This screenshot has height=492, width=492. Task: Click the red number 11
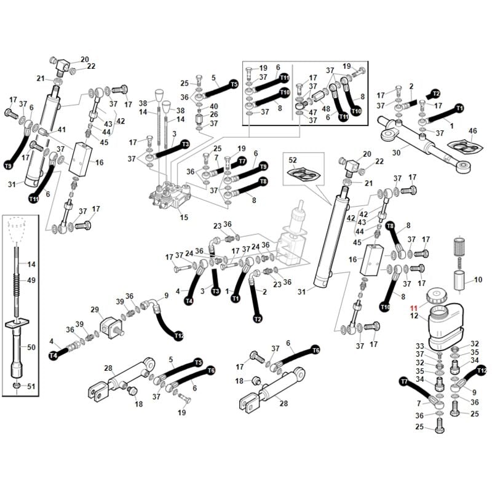point(414,308)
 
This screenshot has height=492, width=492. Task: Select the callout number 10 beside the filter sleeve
point(478,279)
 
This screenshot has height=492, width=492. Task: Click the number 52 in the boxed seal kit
point(293,160)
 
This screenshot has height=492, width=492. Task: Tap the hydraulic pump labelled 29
point(111,328)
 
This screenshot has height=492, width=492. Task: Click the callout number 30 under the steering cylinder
point(396,153)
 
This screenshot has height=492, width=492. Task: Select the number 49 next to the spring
point(31,280)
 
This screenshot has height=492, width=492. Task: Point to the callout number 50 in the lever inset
point(31,347)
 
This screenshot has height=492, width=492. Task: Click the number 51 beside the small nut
point(31,386)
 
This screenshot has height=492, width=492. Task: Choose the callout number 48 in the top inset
point(326,109)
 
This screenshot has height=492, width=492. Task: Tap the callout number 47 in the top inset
point(313,113)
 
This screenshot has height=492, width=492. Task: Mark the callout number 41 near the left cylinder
point(61,129)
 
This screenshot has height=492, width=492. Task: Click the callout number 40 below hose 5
point(214,106)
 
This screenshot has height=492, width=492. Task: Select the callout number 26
point(214,114)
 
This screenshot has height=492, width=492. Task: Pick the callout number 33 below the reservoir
point(420,346)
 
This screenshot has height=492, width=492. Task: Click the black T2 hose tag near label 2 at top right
point(436,93)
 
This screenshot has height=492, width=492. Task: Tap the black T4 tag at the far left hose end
point(54,355)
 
